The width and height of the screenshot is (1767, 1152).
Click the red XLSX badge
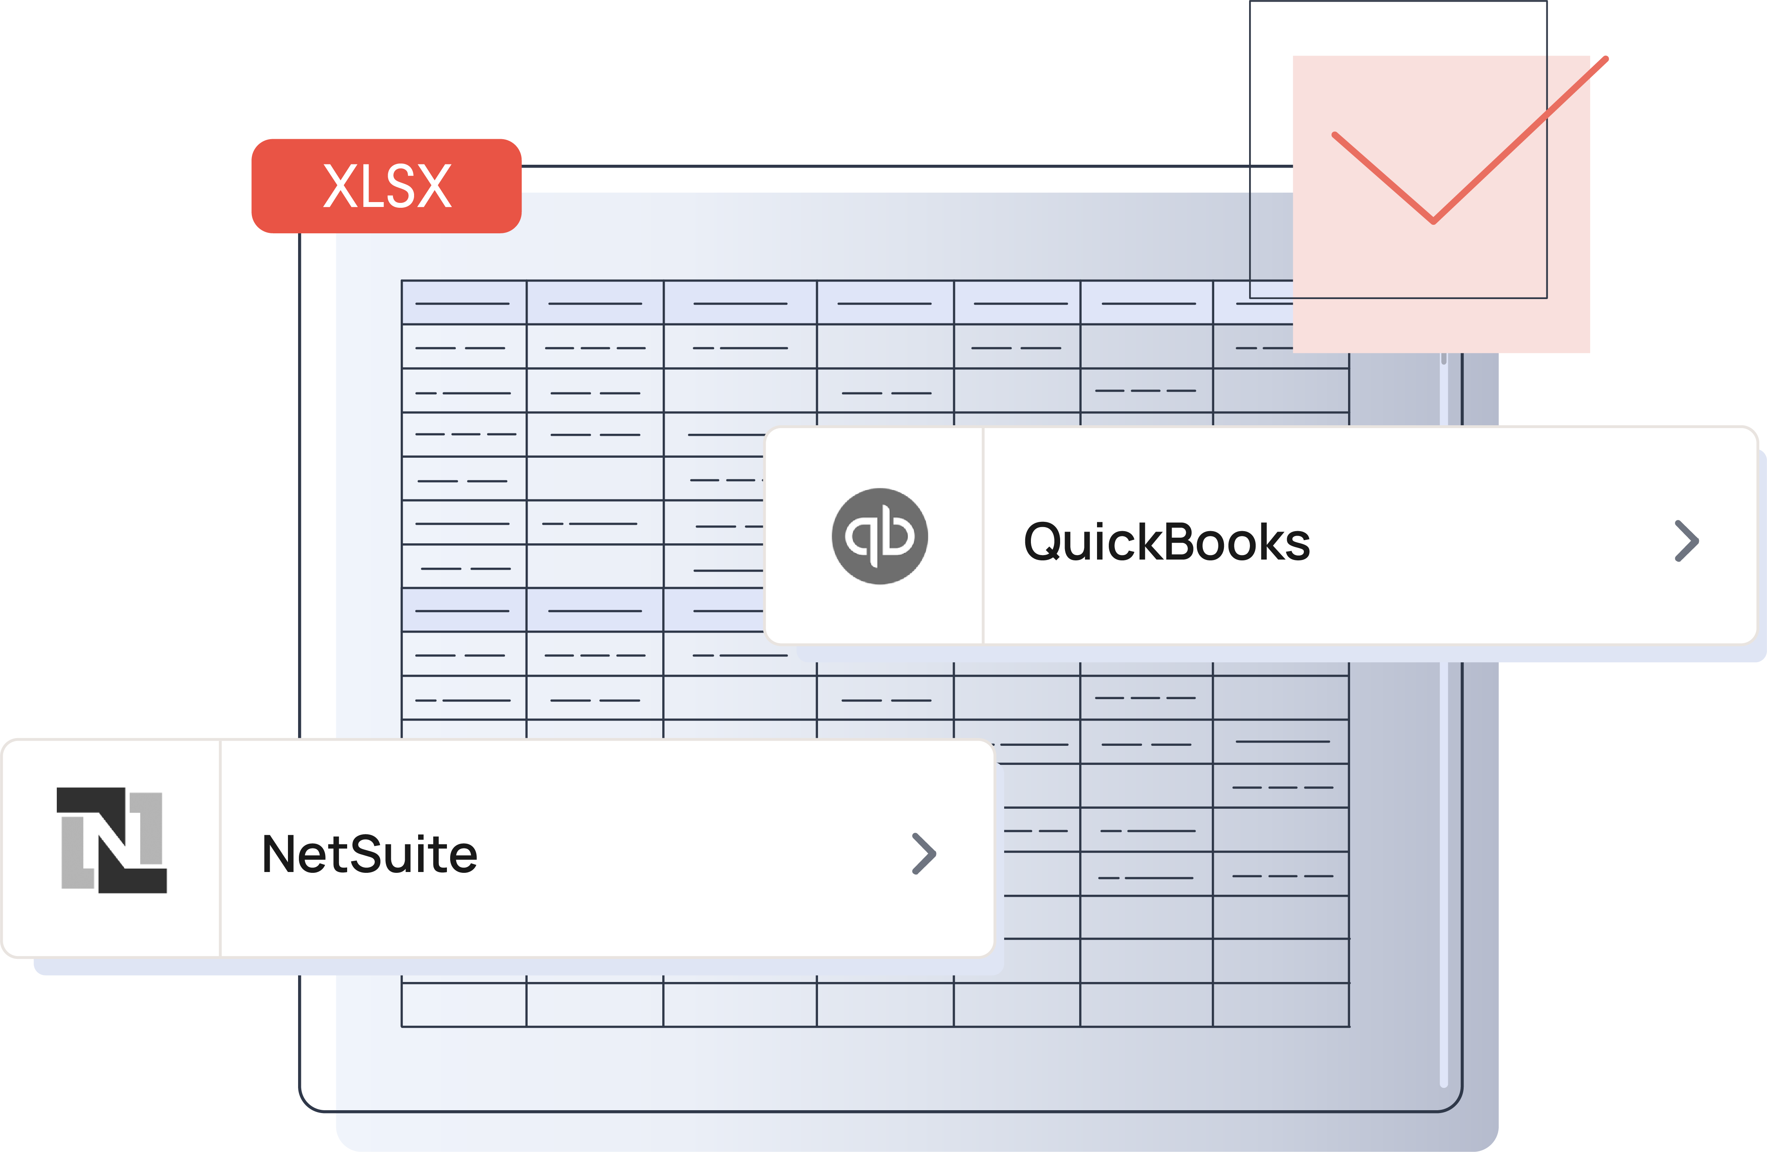point(386,186)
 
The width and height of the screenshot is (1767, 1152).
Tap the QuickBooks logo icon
point(879,536)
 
